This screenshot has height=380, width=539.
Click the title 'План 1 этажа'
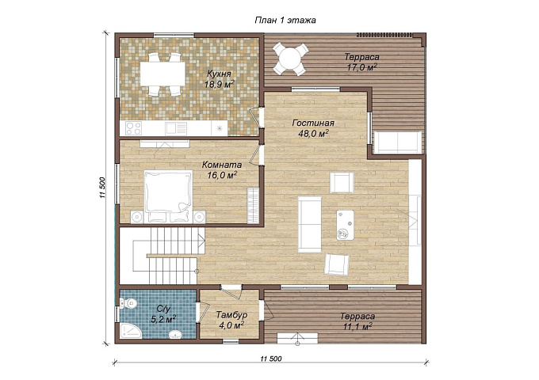[285, 21]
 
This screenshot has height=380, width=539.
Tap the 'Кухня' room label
[219, 74]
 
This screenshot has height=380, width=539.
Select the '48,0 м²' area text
[313, 133]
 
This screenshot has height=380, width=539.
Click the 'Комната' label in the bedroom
[222, 165]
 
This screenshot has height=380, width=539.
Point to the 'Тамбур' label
[231, 315]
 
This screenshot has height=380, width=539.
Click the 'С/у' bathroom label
[164, 309]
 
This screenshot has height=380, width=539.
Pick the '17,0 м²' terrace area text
[362, 67]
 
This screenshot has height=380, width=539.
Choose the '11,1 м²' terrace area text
[357, 326]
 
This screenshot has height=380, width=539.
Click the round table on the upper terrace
[289, 59]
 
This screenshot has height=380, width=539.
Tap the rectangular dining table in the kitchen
[162, 74]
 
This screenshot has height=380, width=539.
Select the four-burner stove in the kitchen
[133, 129]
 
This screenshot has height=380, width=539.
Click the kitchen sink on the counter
[176, 129]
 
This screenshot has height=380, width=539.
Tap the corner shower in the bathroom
[131, 331]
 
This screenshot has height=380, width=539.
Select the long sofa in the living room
[310, 224]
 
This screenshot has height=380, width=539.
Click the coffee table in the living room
[345, 226]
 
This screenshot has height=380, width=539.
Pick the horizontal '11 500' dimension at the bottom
[271, 359]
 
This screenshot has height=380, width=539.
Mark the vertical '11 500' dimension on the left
[102, 188]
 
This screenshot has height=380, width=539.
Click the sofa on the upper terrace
[398, 142]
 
